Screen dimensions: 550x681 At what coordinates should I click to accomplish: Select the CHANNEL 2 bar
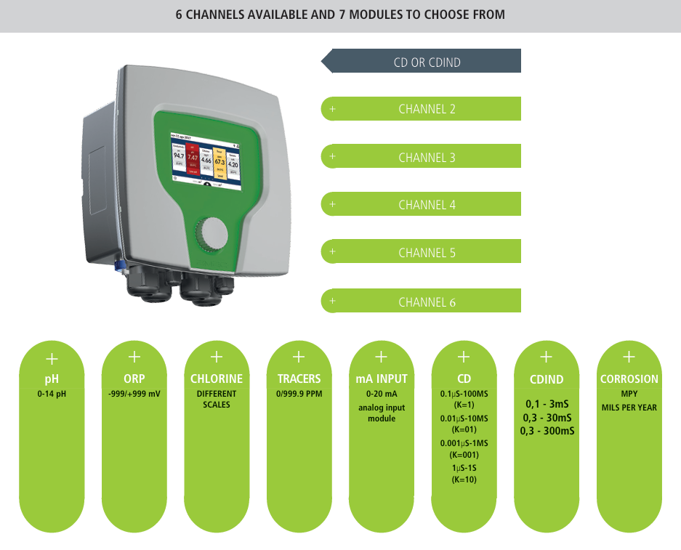(x=427, y=109)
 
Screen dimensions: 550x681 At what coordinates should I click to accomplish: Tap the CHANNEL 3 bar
(x=427, y=157)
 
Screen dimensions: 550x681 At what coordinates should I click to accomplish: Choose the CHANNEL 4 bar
(x=427, y=205)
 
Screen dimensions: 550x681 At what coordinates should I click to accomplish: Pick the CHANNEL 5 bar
(x=427, y=253)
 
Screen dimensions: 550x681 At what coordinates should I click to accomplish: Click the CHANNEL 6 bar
(x=427, y=302)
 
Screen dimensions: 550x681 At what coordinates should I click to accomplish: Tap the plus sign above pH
(x=52, y=358)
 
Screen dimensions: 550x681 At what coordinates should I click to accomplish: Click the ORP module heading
(x=134, y=379)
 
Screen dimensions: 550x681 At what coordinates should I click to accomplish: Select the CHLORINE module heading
(x=217, y=379)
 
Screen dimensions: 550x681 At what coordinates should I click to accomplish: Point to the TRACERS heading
(x=299, y=379)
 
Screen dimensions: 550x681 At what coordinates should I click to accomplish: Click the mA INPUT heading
(x=382, y=379)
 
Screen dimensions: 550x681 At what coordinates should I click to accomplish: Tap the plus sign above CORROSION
(x=629, y=357)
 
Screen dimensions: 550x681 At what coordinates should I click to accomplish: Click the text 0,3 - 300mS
(x=547, y=431)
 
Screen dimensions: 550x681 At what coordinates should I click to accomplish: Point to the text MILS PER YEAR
(x=629, y=408)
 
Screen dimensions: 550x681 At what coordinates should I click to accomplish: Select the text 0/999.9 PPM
(x=299, y=394)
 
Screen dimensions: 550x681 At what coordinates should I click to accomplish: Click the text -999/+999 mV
(x=134, y=394)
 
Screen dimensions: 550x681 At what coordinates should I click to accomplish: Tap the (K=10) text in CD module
(x=464, y=480)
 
